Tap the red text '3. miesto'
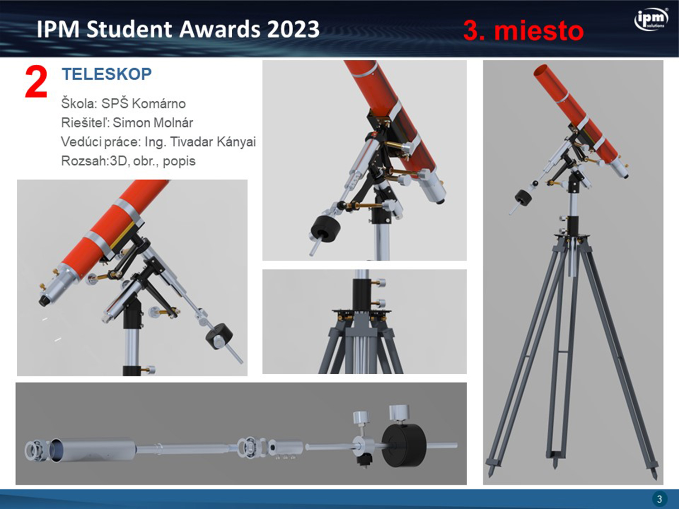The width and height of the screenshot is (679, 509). click(x=523, y=31)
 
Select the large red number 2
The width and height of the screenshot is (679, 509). click(x=36, y=82)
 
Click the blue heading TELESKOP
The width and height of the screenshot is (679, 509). click(x=107, y=74)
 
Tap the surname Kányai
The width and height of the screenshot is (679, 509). click(x=236, y=142)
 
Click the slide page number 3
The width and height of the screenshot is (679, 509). click(x=659, y=499)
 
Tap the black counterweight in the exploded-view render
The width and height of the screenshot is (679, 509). click(x=403, y=444)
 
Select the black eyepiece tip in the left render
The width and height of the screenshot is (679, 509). click(x=44, y=300)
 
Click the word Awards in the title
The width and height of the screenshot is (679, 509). click(x=219, y=29)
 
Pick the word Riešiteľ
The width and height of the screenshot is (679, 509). click(x=85, y=123)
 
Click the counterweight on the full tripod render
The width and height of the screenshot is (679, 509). click(x=524, y=197)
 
